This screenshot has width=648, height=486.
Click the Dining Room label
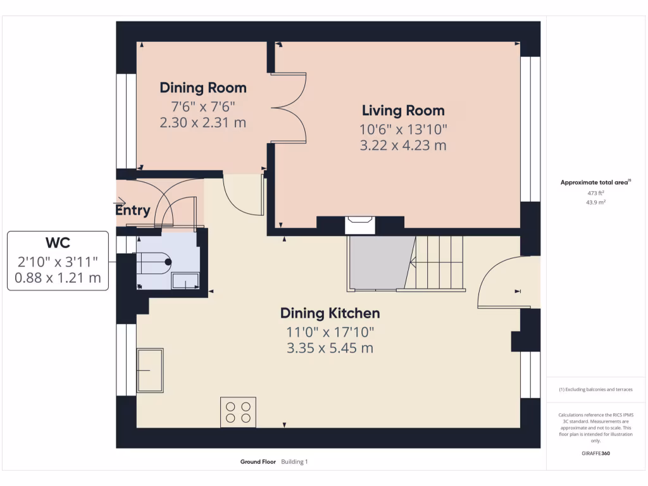(x=203, y=87)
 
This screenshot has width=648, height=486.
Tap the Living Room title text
(x=403, y=110)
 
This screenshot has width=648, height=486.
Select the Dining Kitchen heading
(x=330, y=313)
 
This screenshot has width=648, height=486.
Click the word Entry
(x=133, y=210)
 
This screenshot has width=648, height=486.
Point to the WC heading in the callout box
(x=58, y=242)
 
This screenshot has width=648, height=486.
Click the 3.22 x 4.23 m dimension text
(x=403, y=146)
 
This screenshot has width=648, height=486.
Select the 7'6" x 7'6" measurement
(x=203, y=106)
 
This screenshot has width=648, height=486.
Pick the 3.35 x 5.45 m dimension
(x=330, y=348)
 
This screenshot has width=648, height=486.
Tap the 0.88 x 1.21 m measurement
(x=58, y=278)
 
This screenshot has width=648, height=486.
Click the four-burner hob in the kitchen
(x=238, y=412)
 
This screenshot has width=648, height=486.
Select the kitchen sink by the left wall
(x=150, y=370)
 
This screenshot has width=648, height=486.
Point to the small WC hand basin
(x=185, y=280)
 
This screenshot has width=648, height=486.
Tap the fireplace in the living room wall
(x=360, y=225)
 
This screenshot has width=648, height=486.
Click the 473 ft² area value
(x=595, y=193)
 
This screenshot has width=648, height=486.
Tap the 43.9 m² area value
(x=595, y=202)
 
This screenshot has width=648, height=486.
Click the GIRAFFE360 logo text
(x=595, y=453)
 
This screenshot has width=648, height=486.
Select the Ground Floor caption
(x=258, y=461)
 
